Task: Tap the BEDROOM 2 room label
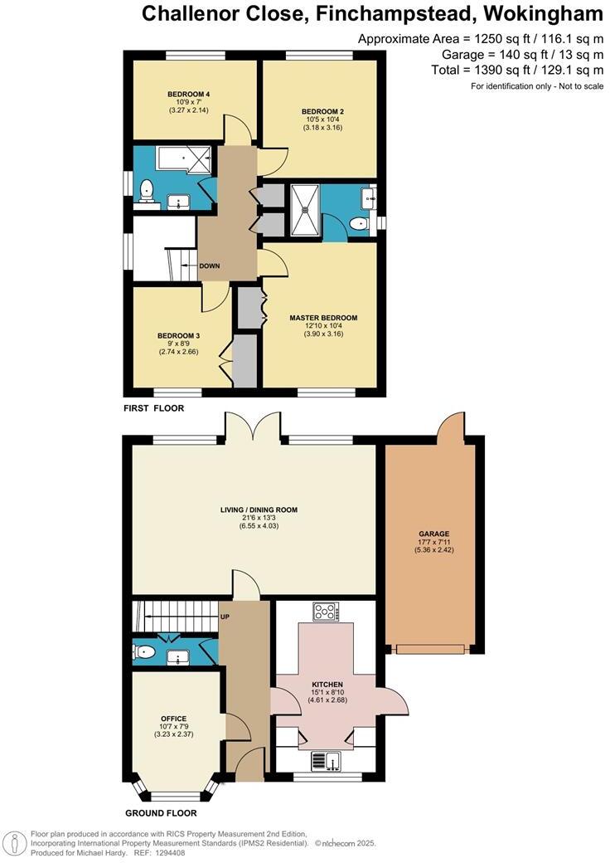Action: (x=322, y=111)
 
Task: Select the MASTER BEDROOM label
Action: (x=323, y=318)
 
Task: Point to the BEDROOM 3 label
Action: (x=180, y=336)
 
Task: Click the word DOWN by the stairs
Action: (x=210, y=266)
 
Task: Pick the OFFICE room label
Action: (x=174, y=719)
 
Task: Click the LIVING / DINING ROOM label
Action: (x=258, y=510)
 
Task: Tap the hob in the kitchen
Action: (x=325, y=612)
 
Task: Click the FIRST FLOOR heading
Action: (x=154, y=408)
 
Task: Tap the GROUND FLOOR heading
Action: (x=161, y=813)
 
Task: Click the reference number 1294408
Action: (x=172, y=853)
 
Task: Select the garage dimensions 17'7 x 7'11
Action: (x=429, y=545)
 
